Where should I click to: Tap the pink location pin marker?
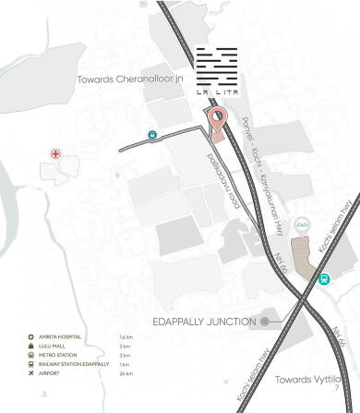tap(217, 120)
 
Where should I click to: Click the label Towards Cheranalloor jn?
tap(134, 80)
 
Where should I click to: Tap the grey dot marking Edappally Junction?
tap(265, 321)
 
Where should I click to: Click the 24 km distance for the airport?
tap(127, 374)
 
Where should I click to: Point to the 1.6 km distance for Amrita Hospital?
tap(127, 337)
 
